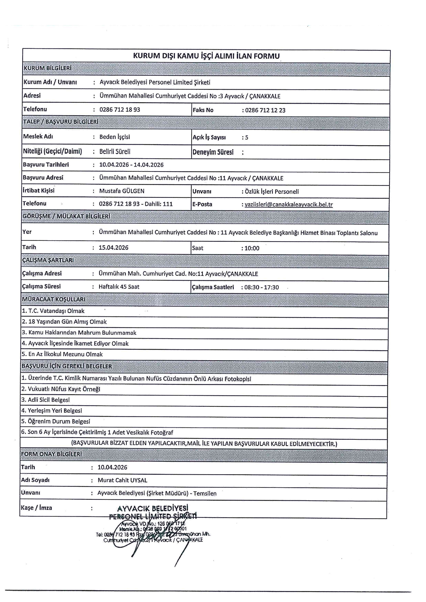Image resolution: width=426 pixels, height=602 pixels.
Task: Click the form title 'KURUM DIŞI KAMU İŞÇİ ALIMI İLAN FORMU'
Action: pyautogui.click(x=206, y=56)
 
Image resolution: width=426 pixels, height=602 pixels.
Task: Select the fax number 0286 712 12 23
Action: pyautogui.click(x=265, y=110)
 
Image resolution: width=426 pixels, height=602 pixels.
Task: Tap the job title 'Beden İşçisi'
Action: pyautogui.click(x=115, y=137)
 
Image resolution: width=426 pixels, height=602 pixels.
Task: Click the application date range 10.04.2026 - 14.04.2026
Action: pyautogui.click(x=131, y=165)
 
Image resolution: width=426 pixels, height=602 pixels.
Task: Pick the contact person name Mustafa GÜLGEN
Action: pyautogui.click(x=122, y=191)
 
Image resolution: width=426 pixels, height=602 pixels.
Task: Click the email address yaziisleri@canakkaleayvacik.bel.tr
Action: pyautogui.click(x=288, y=204)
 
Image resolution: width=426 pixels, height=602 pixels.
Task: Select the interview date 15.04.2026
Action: pyautogui.click(x=113, y=248)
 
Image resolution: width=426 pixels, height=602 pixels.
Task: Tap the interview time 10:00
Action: pyautogui.click(x=252, y=248)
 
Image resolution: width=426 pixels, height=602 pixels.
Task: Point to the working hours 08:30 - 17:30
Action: pyautogui.click(x=262, y=287)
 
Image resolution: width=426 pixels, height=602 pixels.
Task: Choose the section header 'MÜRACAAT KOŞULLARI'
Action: pyautogui.click(x=54, y=299)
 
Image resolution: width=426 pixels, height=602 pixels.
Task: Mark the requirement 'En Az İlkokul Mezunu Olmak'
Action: pyautogui.click(x=62, y=354)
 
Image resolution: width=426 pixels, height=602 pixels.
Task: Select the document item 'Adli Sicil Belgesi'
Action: pyautogui.click(x=46, y=400)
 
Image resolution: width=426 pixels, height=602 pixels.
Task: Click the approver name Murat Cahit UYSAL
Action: pyautogui.click(x=122, y=480)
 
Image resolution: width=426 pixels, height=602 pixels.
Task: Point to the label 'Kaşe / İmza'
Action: pyautogui.click(x=36, y=508)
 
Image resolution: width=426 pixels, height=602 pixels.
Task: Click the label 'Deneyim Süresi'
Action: pyautogui.click(x=213, y=152)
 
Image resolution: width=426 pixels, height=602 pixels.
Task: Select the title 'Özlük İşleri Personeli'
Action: pyautogui.click(x=272, y=192)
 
